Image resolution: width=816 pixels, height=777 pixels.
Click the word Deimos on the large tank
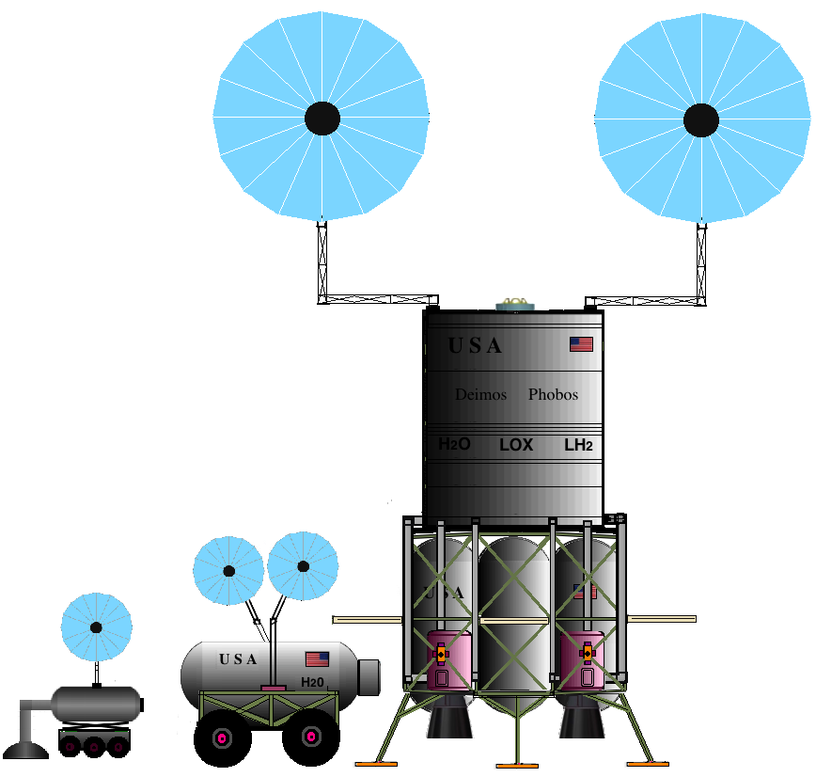pyautogui.click(x=480, y=395)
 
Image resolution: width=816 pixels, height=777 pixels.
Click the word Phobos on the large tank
pyautogui.click(x=553, y=395)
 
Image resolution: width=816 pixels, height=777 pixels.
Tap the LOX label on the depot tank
pyautogui.click(x=516, y=445)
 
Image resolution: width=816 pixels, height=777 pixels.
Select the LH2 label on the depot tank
pyautogui.click(x=578, y=445)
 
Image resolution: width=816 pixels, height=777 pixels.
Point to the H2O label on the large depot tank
pyautogui.click(x=455, y=444)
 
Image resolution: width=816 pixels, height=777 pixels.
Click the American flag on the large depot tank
pyautogui.click(x=581, y=344)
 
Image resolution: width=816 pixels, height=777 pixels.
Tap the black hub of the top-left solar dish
pyautogui.click(x=322, y=118)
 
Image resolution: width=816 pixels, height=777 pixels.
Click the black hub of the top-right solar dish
pyautogui.click(x=700, y=120)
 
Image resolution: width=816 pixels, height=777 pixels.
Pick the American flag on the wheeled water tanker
pyautogui.click(x=317, y=658)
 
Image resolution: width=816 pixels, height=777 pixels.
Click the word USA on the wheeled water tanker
pyautogui.click(x=238, y=659)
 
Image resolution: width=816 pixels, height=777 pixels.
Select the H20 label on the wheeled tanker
pyautogui.click(x=312, y=681)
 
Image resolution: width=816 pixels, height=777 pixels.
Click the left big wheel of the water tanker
pyautogui.click(x=222, y=737)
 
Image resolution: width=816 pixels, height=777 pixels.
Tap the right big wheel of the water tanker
pyautogui.click(x=310, y=737)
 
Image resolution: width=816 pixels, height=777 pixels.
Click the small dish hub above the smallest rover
pyautogui.click(x=96, y=627)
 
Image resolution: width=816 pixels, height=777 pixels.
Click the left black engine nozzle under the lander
pyautogui.click(x=447, y=720)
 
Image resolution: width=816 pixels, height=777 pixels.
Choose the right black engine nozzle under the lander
pyautogui.click(x=579, y=720)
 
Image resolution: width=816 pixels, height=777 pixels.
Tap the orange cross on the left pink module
pyautogui.click(x=440, y=653)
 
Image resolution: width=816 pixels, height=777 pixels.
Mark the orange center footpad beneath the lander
pyautogui.click(x=517, y=763)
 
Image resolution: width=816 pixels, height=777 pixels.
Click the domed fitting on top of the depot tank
pyautogui.click(x=513, y=303)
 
